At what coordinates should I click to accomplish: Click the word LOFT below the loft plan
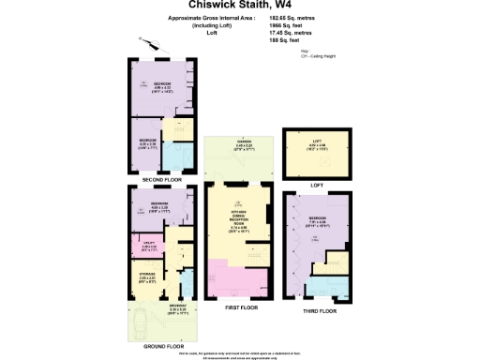[316, 185]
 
